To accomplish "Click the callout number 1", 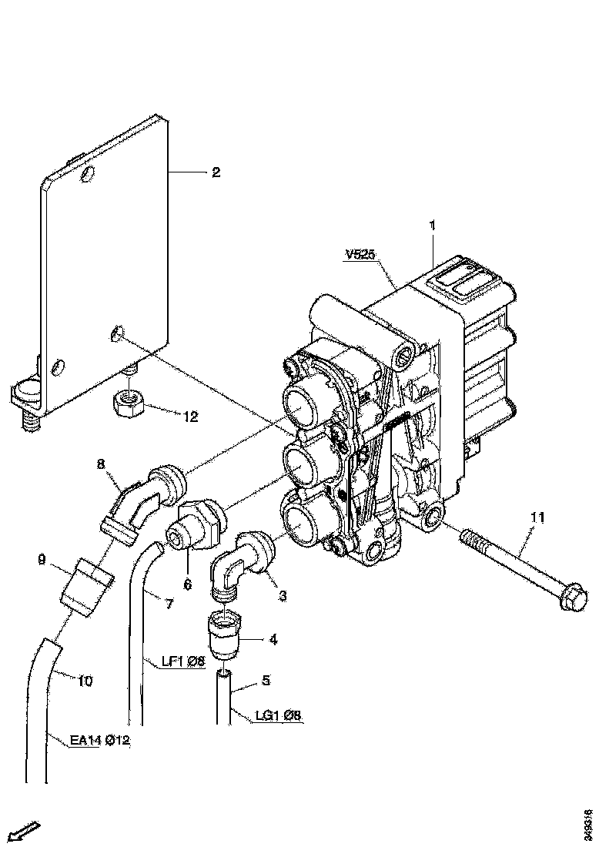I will tap(432, 226).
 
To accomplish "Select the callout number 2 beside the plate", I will tap(216, 172).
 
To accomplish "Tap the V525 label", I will tap(361, 256).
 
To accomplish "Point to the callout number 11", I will tap(536, 518).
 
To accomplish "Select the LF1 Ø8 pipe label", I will tap(183, 661).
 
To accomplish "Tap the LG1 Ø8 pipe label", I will tap(278, 716).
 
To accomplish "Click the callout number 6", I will tap(187, 585).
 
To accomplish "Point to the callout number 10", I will tap(85, 680).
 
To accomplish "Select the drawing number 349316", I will tap(588, 823).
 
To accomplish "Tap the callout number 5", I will tap(266, 680).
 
